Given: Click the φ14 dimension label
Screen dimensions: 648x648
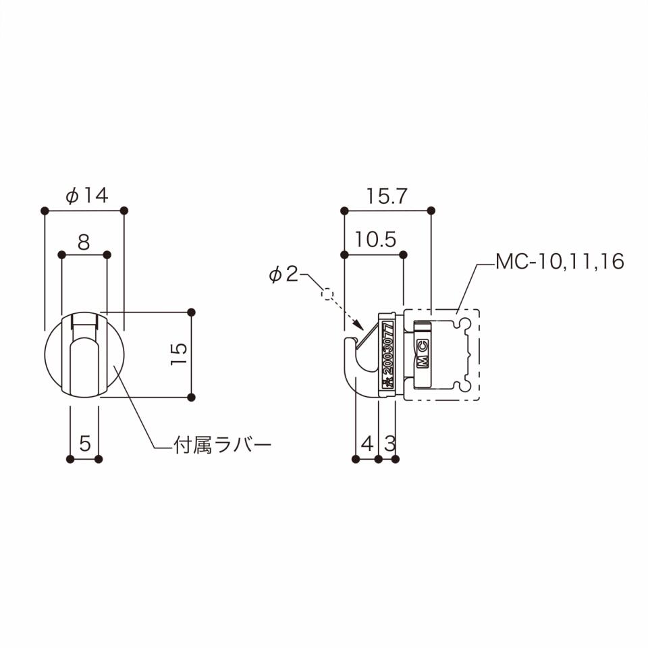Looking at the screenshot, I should point(86,196).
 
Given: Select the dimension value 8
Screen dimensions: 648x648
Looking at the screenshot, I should point(83,242).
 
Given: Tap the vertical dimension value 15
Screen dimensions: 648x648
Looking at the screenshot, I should point(178,354).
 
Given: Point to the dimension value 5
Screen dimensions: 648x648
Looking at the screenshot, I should point(85,443).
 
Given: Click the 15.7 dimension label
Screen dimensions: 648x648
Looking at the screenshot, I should point(387,196).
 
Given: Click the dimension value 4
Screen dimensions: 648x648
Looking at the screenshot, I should point(367,443).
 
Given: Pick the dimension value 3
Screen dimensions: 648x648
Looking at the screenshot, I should point(389,443).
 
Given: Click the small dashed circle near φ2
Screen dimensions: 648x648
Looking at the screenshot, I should point(327,294).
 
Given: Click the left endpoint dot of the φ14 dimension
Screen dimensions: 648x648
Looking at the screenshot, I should point(45,211).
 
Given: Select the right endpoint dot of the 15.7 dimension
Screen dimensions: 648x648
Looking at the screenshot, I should point(432,211).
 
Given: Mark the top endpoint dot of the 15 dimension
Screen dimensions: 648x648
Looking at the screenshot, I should point(191,312).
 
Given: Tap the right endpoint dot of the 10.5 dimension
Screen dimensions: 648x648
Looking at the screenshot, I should point(404,254).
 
